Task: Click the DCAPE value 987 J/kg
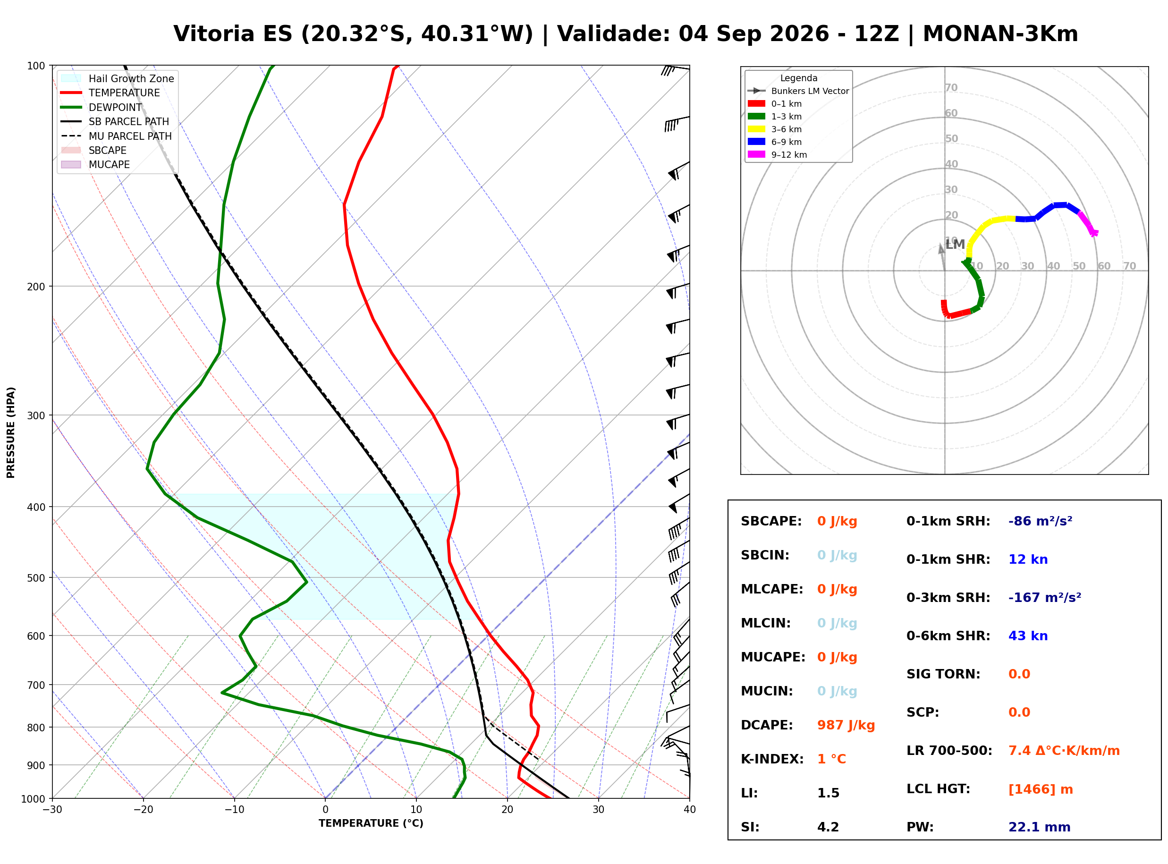coord(846,725)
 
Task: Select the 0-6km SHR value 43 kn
coord(1028,636)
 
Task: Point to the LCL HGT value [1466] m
coord(1041,789)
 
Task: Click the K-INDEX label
coord(772,759)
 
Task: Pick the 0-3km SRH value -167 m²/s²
coord(1045,597)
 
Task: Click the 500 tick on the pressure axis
coord(36,578)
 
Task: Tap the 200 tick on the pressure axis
coord(36,287)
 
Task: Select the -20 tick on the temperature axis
coord(143,810)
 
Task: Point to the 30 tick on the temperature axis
coord(599,810)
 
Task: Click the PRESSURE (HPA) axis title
coord(11,432)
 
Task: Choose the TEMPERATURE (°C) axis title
coord(371,823)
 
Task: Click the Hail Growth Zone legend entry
coord(118,78)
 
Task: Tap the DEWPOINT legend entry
coord(102,107)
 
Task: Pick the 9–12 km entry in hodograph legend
coord(778,155)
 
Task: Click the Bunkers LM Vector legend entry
coord(798,91)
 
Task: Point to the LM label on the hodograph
coord(955,244)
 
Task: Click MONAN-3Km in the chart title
coord(1000,34)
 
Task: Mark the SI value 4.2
coord(828,827)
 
